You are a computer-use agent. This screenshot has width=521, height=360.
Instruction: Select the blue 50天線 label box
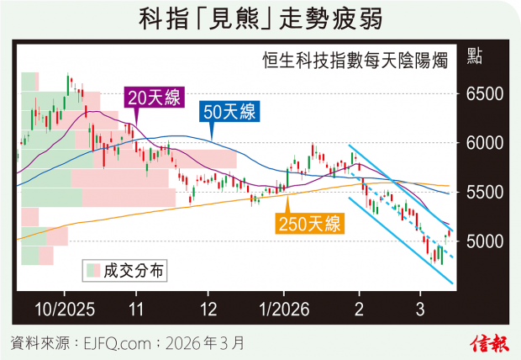229,111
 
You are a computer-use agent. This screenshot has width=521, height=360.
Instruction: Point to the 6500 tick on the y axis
482,94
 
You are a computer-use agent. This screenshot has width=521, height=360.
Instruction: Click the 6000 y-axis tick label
482,144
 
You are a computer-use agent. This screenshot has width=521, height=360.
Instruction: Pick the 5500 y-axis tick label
482,193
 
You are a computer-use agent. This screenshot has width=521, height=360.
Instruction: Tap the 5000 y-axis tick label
482,242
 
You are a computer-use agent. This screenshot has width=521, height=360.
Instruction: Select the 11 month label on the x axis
136,308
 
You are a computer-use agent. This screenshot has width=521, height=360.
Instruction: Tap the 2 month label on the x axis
359,308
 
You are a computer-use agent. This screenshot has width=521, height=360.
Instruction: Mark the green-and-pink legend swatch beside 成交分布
92,270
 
